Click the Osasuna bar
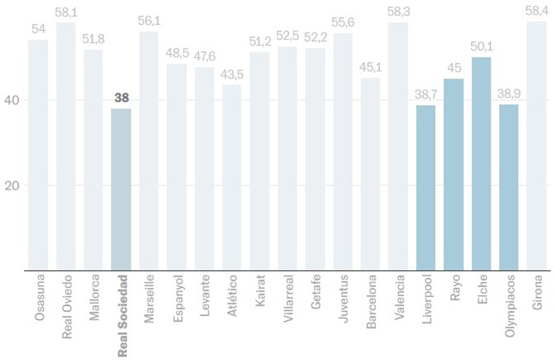click(38, 155)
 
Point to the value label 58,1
click(66, 13)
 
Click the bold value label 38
click(121, 98)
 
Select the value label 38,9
click(509, 95)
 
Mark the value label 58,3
click(399, 12)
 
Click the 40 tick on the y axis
click(10, 100)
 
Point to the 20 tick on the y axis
click(10, 185)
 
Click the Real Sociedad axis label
click(122, 306)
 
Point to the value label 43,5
click(232, 75)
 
